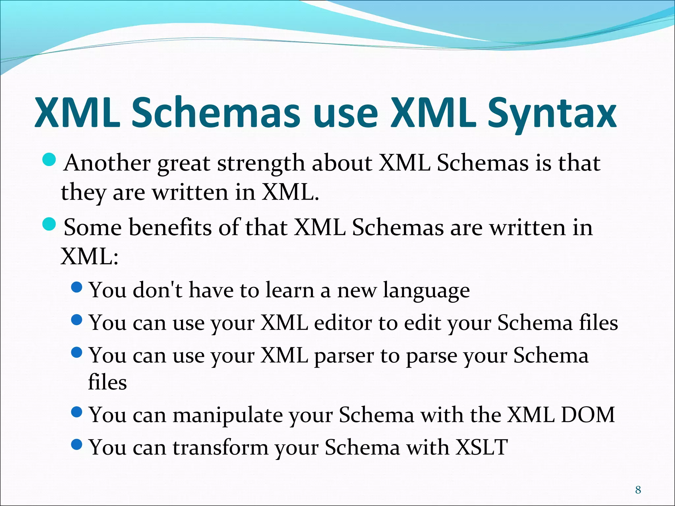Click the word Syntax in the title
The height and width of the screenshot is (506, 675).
(x=552, y=114)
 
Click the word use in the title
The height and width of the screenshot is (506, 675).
(x=345, y=114)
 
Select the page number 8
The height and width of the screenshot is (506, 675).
(x=638, y=490)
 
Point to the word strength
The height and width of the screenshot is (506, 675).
(x=261, y=164)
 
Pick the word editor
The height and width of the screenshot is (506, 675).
(x=343, y=323)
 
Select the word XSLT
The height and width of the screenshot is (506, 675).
(x=482, y=447)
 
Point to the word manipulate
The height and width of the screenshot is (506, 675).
(x=227, y=415)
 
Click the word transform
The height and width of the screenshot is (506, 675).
(x=220, y=447)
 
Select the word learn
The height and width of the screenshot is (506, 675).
(x=290, y=290)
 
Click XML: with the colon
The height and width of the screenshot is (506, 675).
(x=89, y=257)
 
